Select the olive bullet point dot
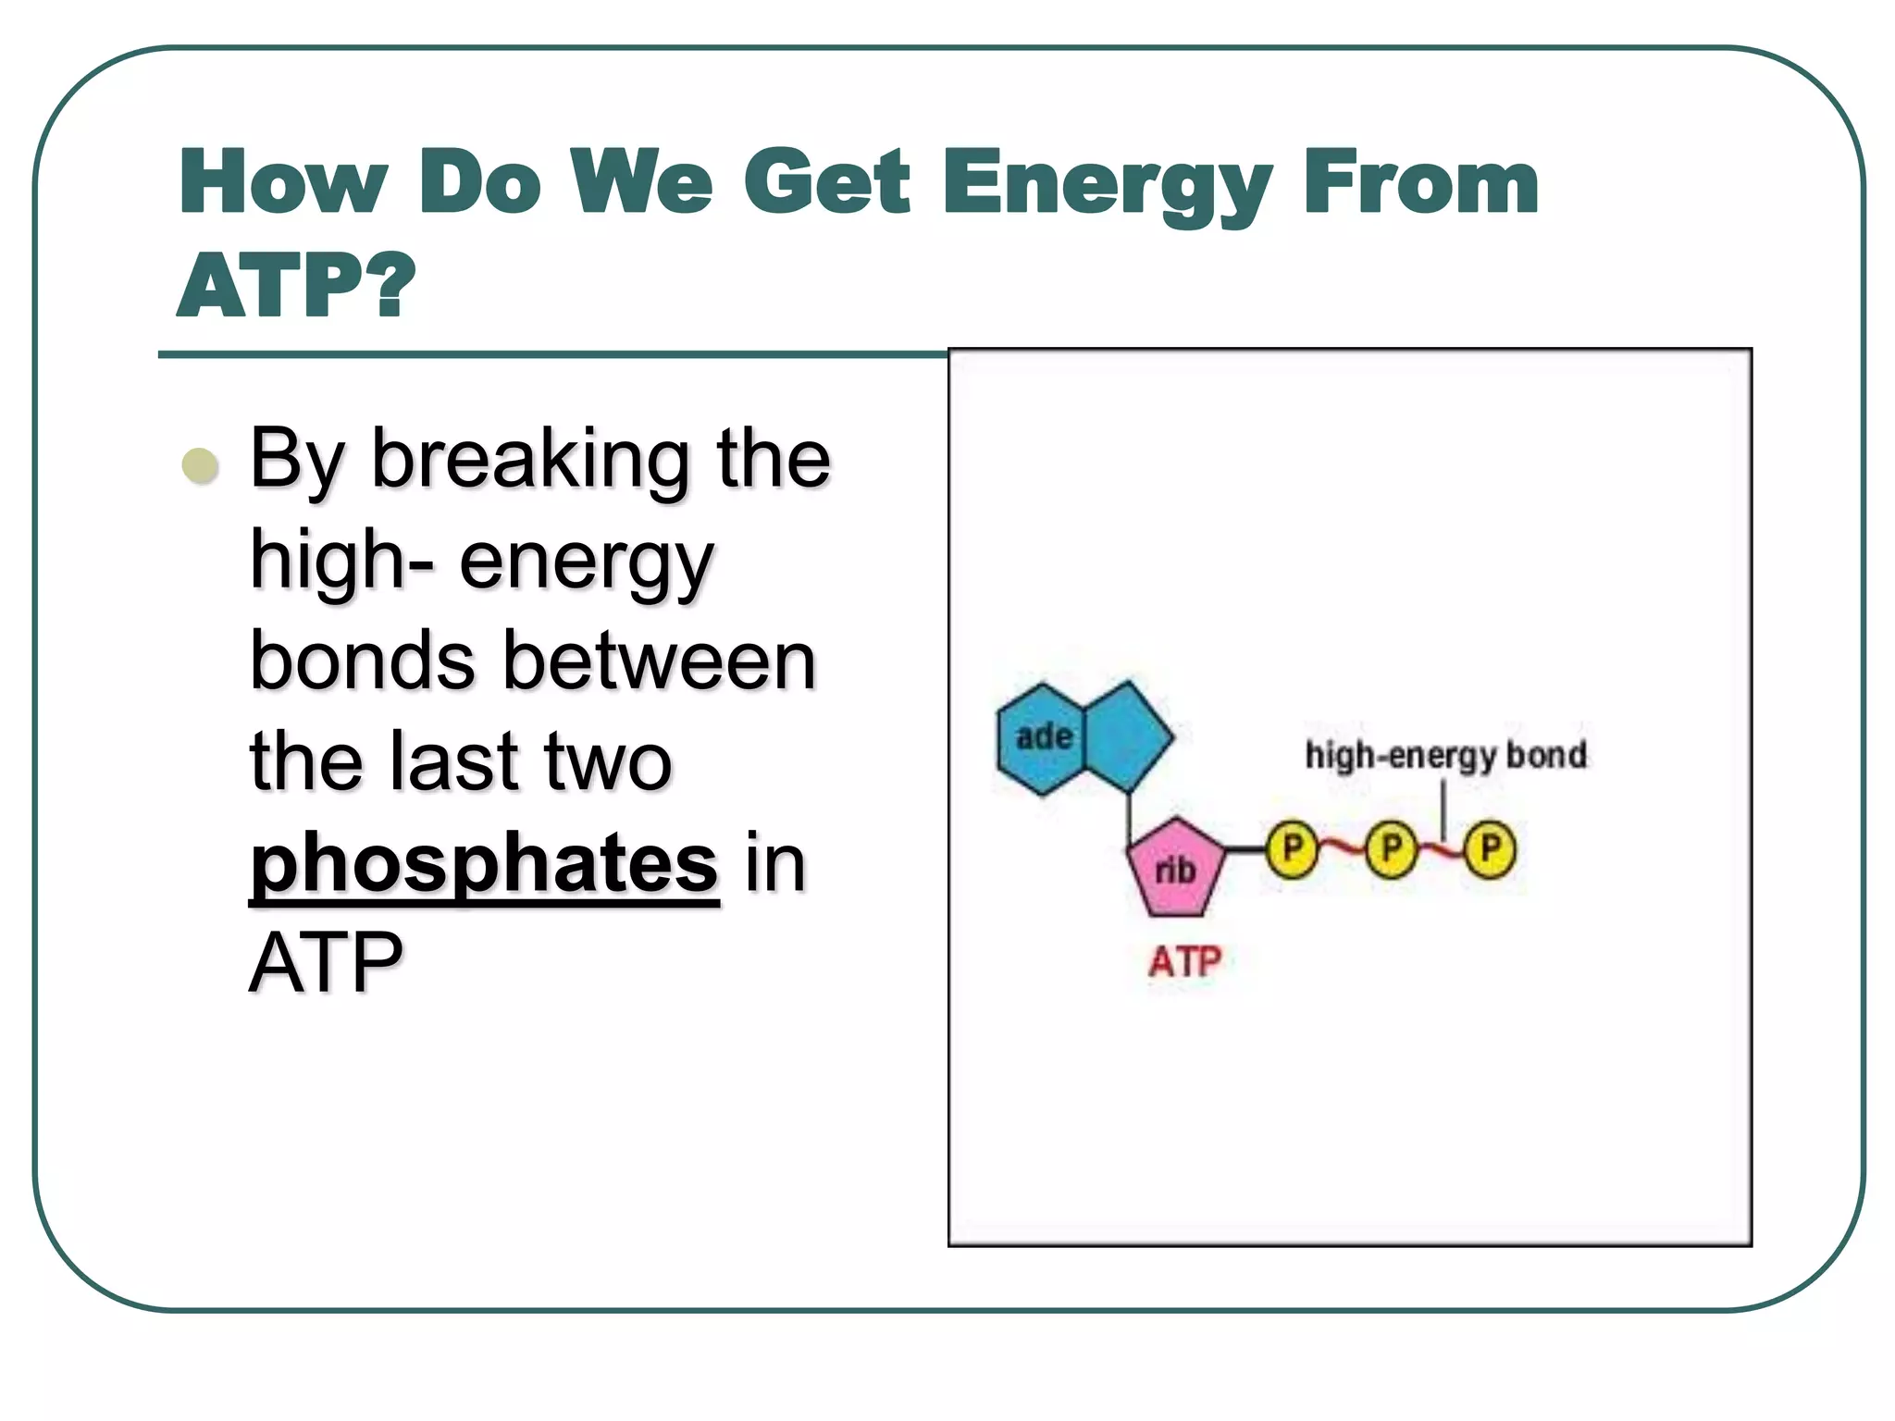[x=201, y=465]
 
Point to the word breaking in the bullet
[x=530, y=460]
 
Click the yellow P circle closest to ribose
[x=1292, y=848]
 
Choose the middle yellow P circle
[x=1391, y=848]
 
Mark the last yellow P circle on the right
[x=1490, y=848]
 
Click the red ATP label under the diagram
[x=1184, y=962]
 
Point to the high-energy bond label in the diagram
[x=1445, y=755]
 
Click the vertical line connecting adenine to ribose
[x=1129, y=818]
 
